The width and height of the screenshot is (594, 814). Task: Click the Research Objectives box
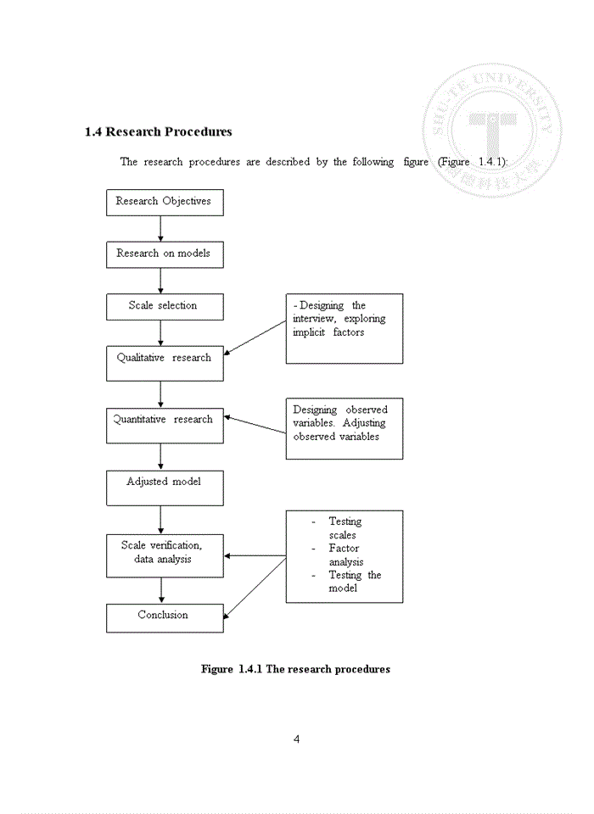tap(165, 203)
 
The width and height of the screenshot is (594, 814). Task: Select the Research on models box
tap(165, 254)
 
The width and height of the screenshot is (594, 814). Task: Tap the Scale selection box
tap(165, 306)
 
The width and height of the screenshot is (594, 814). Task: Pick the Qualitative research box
tap(165, 361)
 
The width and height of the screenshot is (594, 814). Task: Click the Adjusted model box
tap(165, 487)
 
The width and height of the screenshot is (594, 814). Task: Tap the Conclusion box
tap(165, 617)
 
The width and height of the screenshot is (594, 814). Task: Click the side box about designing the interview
tap(344, 328)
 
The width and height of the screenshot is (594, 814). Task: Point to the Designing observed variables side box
tap(344, 428)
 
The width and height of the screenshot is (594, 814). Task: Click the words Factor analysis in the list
tap(345, 555)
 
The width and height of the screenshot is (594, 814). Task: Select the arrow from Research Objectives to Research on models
tap(160, 229)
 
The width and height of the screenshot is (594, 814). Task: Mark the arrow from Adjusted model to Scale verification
tap(160, 519)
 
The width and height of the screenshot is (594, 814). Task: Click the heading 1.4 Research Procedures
tap(159, 132)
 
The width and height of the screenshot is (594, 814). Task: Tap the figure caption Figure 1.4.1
tap(295, 669)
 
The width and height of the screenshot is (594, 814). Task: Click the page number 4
tap(296, 739)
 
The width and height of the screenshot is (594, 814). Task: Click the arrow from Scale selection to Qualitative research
tap(160, 332)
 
